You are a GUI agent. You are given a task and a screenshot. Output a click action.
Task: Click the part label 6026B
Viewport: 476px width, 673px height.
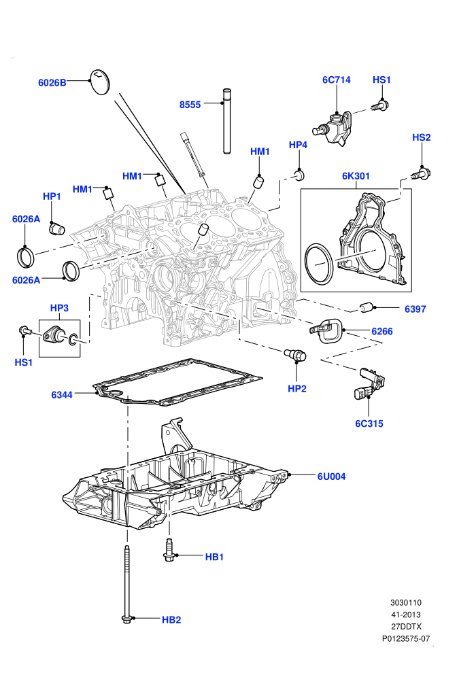52,83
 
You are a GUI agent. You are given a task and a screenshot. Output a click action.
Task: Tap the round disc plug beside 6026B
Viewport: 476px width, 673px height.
100,82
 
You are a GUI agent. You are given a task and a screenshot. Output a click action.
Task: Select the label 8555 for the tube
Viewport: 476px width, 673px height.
190,105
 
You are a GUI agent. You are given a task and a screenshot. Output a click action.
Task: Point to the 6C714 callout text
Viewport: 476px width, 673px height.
337,80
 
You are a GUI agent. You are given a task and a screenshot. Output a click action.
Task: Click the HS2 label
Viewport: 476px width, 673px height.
421,137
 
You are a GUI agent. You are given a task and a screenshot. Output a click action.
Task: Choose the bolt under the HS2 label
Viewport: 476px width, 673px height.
421,174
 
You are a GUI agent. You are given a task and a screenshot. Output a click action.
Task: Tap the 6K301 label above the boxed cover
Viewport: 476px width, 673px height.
356,176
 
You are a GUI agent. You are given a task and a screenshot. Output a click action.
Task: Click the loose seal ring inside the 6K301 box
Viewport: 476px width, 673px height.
318,262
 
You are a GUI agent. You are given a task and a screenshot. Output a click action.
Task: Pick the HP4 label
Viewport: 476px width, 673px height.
298,145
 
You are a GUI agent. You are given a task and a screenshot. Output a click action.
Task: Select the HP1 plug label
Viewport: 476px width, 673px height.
52,196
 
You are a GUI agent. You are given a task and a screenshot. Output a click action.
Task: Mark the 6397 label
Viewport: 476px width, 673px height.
415,309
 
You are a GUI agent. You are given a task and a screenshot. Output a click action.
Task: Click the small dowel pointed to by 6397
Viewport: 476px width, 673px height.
367,308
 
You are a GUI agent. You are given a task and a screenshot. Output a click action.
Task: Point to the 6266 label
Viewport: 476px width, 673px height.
382,331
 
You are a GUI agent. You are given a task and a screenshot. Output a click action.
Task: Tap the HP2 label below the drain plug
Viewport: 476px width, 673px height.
297,389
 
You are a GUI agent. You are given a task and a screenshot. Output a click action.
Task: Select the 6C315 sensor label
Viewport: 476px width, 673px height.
369,424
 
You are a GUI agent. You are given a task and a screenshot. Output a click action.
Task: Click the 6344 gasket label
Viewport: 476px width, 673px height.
62,395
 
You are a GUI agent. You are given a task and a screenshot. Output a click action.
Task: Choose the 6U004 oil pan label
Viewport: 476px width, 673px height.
331,477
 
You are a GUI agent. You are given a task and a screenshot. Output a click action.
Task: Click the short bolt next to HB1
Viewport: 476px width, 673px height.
169,550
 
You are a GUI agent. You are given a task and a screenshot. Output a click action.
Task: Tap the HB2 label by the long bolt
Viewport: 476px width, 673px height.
171,620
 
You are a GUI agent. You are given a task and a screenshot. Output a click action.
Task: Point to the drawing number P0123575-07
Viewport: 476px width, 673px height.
406,638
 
